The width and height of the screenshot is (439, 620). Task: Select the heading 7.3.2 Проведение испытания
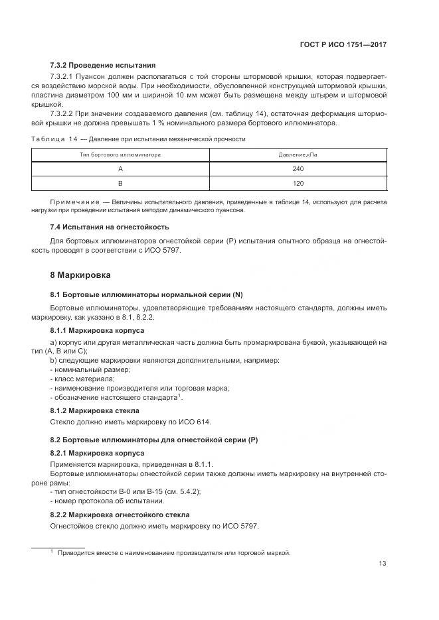point(103,66)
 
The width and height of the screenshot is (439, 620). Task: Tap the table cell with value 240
point(298,168)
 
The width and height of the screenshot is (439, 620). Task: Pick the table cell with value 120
point(298,182)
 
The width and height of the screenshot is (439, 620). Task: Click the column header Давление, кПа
point(298,155)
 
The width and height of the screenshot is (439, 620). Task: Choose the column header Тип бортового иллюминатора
point(120,155)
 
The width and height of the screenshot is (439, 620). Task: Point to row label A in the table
point(120,168)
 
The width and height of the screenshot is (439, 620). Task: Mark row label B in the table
point(120,182)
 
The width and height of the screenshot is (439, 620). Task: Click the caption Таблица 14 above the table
point(54,139)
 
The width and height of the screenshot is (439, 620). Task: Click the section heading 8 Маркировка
point(80,275)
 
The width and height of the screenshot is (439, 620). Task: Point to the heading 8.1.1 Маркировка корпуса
point(97,330)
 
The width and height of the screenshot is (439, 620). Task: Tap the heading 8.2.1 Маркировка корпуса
point(97,453)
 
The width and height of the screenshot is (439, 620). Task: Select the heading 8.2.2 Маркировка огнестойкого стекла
point(120,515)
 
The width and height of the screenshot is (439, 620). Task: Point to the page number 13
point(383,564)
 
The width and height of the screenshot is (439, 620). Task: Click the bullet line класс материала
point(82,379)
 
